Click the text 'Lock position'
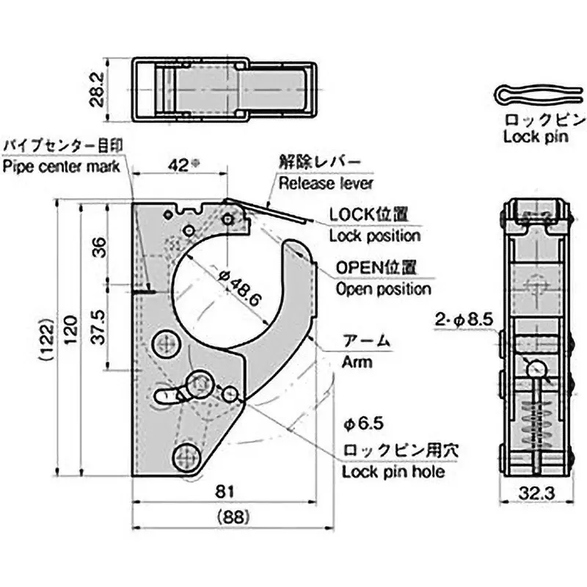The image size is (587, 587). (x=374, y=236)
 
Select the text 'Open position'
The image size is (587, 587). (x=383, y=289)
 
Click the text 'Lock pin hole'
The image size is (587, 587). (x=393, y=472)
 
